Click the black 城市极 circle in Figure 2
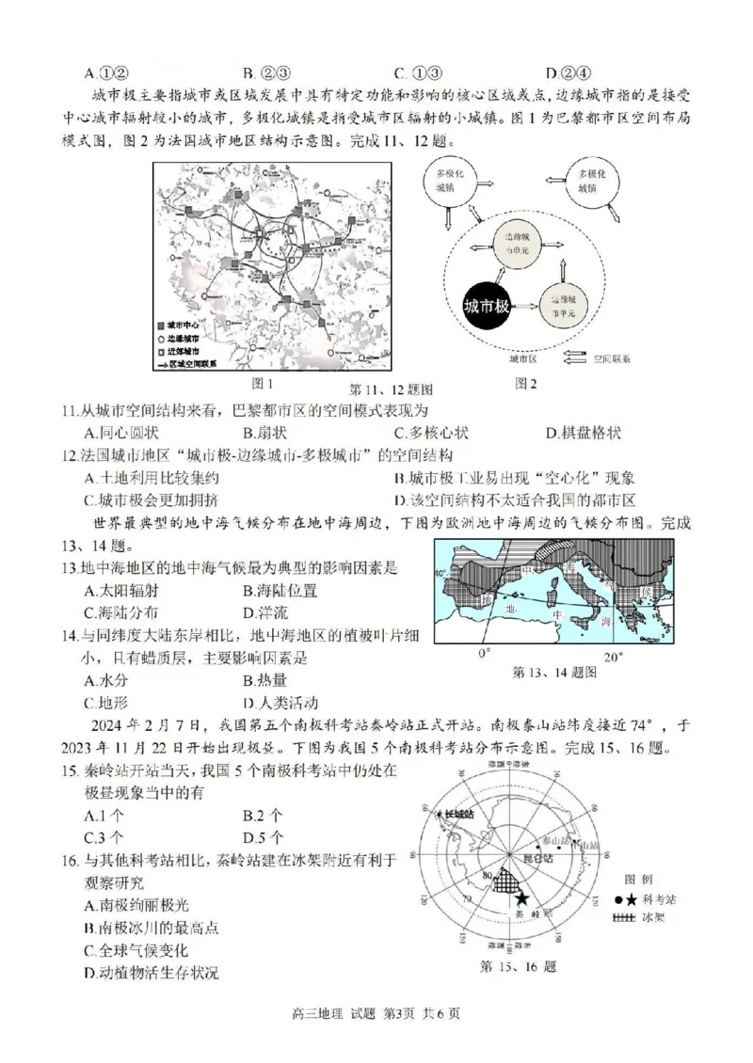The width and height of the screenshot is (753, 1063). (488, 307)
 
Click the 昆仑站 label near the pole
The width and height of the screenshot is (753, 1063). (531, 858)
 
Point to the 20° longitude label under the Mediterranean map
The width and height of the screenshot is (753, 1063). (613, 655)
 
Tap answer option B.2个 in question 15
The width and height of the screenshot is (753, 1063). (263, 815)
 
